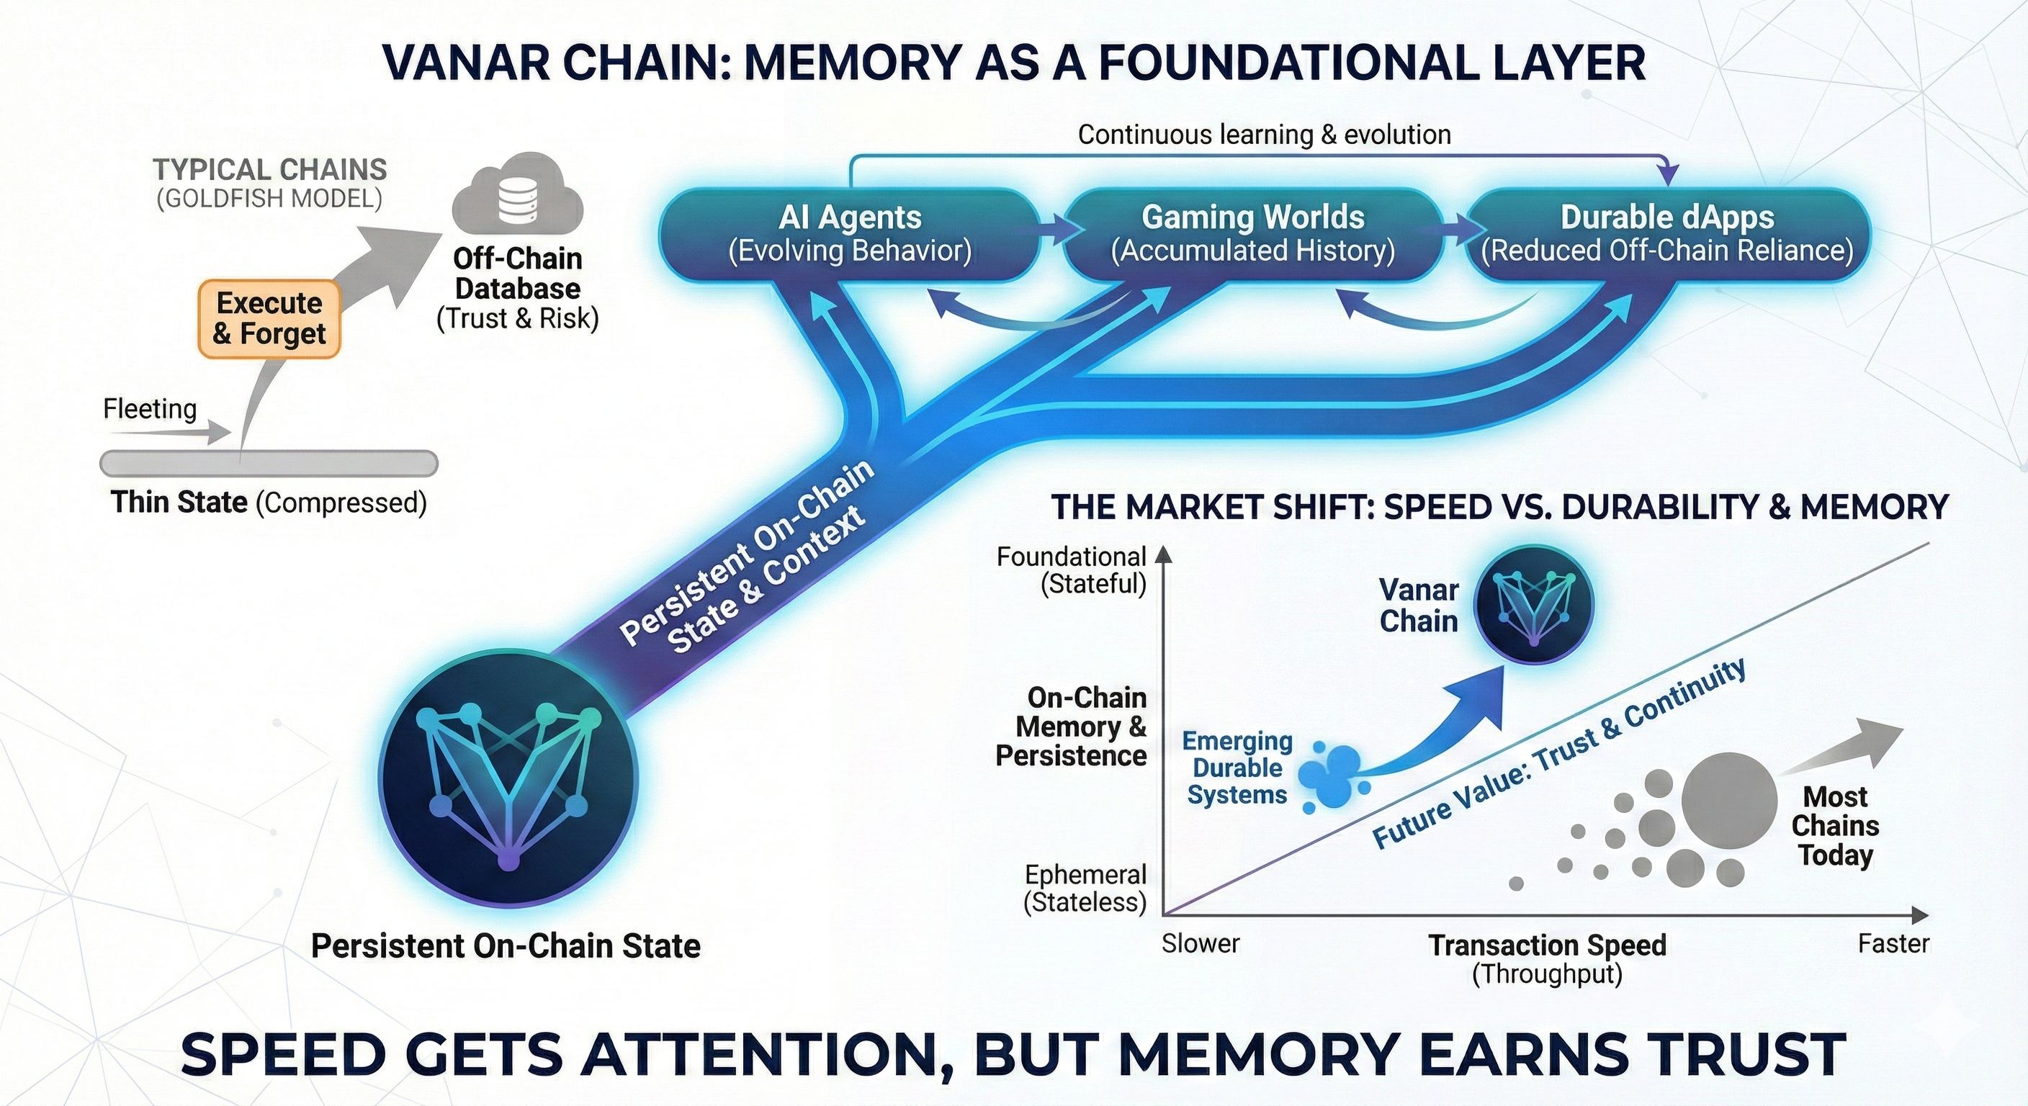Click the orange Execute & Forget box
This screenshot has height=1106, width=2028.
click(x=269, y=319)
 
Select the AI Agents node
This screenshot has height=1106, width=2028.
click(x=850, y=234)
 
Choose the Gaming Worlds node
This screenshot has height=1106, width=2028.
click(x=1252, y=234)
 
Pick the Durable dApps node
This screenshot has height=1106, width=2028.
click(x=1666, y=234)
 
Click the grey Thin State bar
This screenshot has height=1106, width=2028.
click(x=269, y=464)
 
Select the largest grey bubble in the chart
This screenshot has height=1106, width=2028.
click(x=1729, y=800)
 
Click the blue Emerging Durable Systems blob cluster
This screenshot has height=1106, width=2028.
click(x=1333, y=775)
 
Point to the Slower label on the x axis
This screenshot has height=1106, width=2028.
click(x=1201, y=943)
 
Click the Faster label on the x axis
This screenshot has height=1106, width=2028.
click(x=1893, y=943)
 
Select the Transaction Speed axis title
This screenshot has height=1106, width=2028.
click(x=1547, y=945)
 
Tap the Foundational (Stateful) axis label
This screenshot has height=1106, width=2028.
click(x=1072, y=570)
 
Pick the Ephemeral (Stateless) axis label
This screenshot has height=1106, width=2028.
click(x=1085, y=888)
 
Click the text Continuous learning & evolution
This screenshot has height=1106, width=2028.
click(x=1264, y=135)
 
